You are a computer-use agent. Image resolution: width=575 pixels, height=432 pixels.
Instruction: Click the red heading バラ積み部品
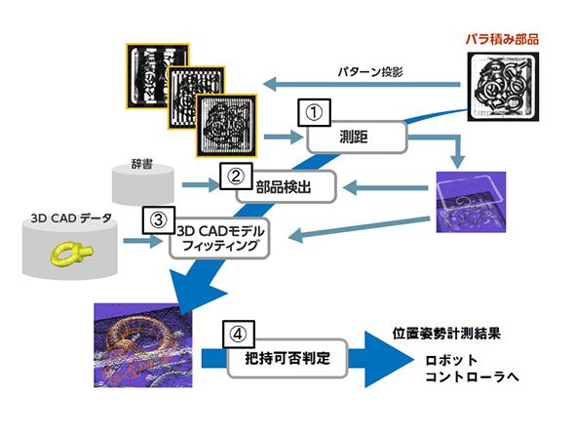(502, 39)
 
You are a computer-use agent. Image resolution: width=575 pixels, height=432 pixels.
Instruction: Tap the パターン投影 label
(370, 71)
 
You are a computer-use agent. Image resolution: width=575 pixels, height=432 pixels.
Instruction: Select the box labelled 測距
(357, 137)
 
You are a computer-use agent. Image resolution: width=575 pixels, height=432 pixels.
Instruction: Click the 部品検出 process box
(286, 186)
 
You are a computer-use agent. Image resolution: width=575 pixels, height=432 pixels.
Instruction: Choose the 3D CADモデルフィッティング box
(219, 239)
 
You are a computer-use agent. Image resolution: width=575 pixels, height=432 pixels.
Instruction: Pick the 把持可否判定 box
(287, 358)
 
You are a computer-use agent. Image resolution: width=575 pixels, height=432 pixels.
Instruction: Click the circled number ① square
(314, 113)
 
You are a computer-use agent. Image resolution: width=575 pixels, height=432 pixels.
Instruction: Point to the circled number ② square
(236, 177)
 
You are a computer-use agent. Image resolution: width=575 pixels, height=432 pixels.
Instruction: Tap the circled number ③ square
(159, 220)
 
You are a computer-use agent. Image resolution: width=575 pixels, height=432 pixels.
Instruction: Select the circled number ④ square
(238, 334)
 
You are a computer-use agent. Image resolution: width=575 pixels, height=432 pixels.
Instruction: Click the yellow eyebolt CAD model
(72, 253)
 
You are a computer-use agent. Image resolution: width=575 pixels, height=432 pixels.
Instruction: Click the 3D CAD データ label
(71, 218)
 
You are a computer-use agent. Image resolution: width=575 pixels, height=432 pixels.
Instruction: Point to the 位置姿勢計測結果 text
(446, 334)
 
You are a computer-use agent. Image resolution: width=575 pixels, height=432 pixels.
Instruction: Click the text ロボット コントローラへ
(473, 369)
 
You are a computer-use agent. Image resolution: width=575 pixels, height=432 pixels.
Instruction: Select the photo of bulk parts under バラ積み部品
(503, 87)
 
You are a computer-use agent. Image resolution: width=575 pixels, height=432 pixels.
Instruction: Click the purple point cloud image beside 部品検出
(471, 202)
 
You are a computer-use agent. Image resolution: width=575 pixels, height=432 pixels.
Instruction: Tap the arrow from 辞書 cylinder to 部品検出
(201, 184)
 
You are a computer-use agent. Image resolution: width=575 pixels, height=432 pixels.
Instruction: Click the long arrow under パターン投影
(362, 85)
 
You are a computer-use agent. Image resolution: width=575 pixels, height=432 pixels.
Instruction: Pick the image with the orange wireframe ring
(143, 345)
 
